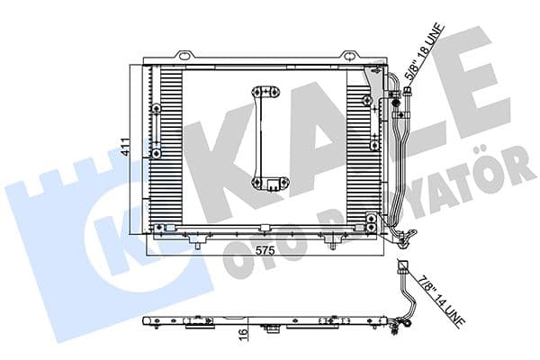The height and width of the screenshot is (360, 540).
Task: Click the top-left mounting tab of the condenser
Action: [184, 57]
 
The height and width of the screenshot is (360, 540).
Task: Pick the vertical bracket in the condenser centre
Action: [266, 135]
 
